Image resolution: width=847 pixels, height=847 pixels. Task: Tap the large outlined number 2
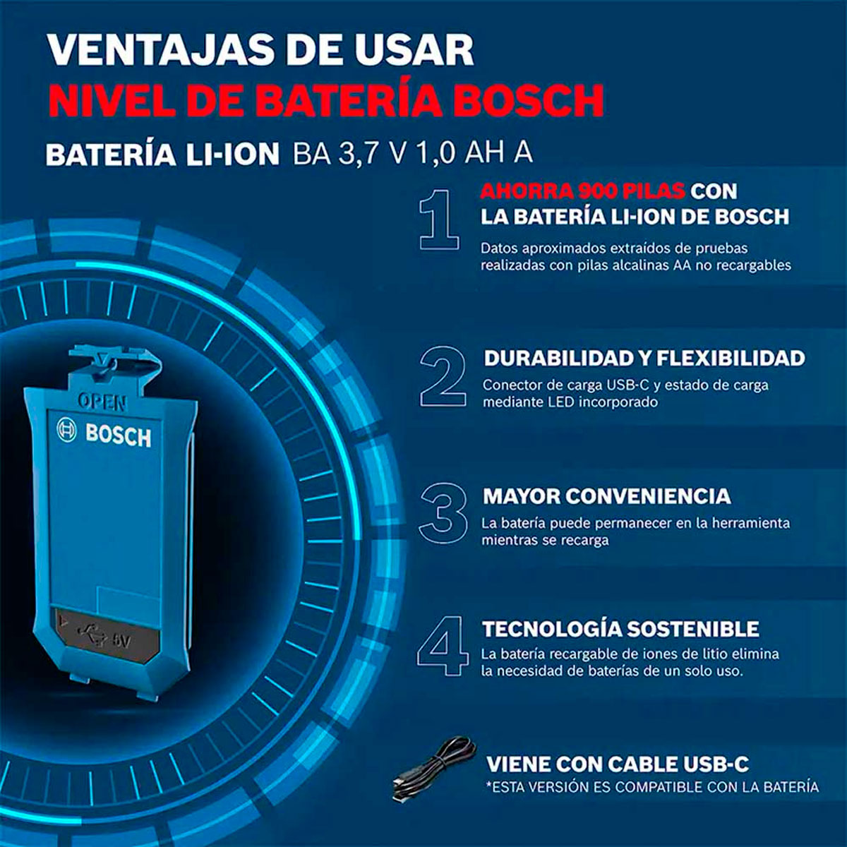(x=443, y=376)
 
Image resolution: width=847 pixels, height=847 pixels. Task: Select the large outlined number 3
(x=443, y=513)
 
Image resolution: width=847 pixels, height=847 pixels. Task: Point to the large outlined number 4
(x=443, y=646)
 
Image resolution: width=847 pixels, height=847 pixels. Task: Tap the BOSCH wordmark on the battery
(x=118, y=435)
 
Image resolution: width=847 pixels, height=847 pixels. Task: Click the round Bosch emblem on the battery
(x=66, y=430)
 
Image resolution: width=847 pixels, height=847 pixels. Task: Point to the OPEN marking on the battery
(x=102, y=402)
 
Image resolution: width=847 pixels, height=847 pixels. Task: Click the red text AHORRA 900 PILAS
(x=582, y=191)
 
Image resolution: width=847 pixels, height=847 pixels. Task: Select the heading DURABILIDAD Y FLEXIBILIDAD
(x=644, y=358)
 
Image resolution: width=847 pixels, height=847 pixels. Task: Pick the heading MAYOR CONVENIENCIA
(x=606, y=496)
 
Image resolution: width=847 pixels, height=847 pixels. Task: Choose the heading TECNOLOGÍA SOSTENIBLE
(x=620, y=629)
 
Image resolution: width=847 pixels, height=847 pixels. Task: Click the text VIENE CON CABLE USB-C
(x=618, y=764)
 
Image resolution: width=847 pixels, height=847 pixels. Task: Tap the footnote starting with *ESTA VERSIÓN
(x=652, y=787)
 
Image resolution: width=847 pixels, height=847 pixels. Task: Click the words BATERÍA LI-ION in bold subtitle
(x=162, y=155)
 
